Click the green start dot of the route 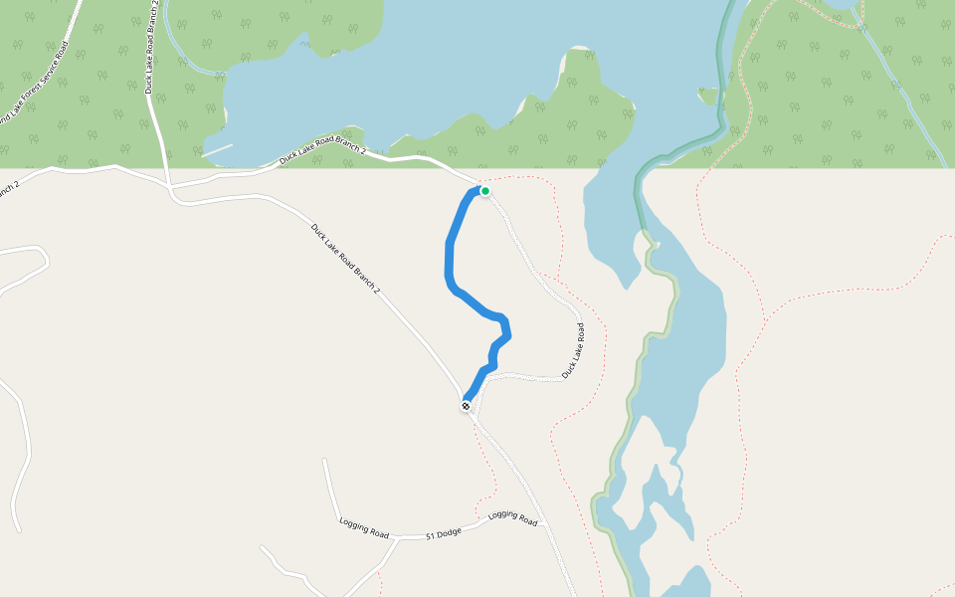[x=485, y=190]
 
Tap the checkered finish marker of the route [x=466, y=406]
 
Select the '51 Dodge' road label [x=444, y=534]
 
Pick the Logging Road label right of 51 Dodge [x=512, y=518]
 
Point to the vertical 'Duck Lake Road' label [x=572, y=349]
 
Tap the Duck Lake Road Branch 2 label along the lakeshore [x=322, y=148]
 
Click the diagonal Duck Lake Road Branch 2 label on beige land [x=345, y=259]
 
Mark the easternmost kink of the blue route [x=508, y=335]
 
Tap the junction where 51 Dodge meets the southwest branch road [x=396, y=538]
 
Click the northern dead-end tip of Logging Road [x=324, y=460]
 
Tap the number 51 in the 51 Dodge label [x=431, y=536]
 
